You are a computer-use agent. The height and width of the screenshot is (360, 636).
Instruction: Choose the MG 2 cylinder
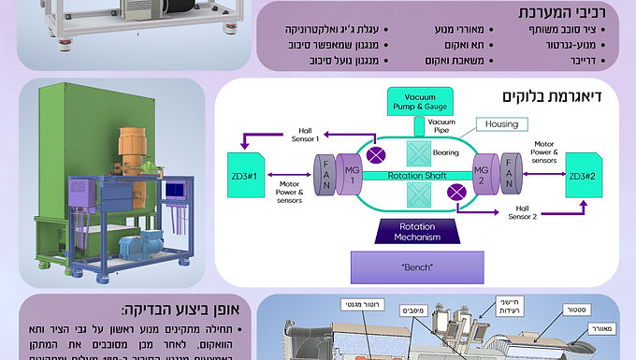(482, 174)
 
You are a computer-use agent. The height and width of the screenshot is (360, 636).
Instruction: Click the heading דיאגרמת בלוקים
(552, 96)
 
